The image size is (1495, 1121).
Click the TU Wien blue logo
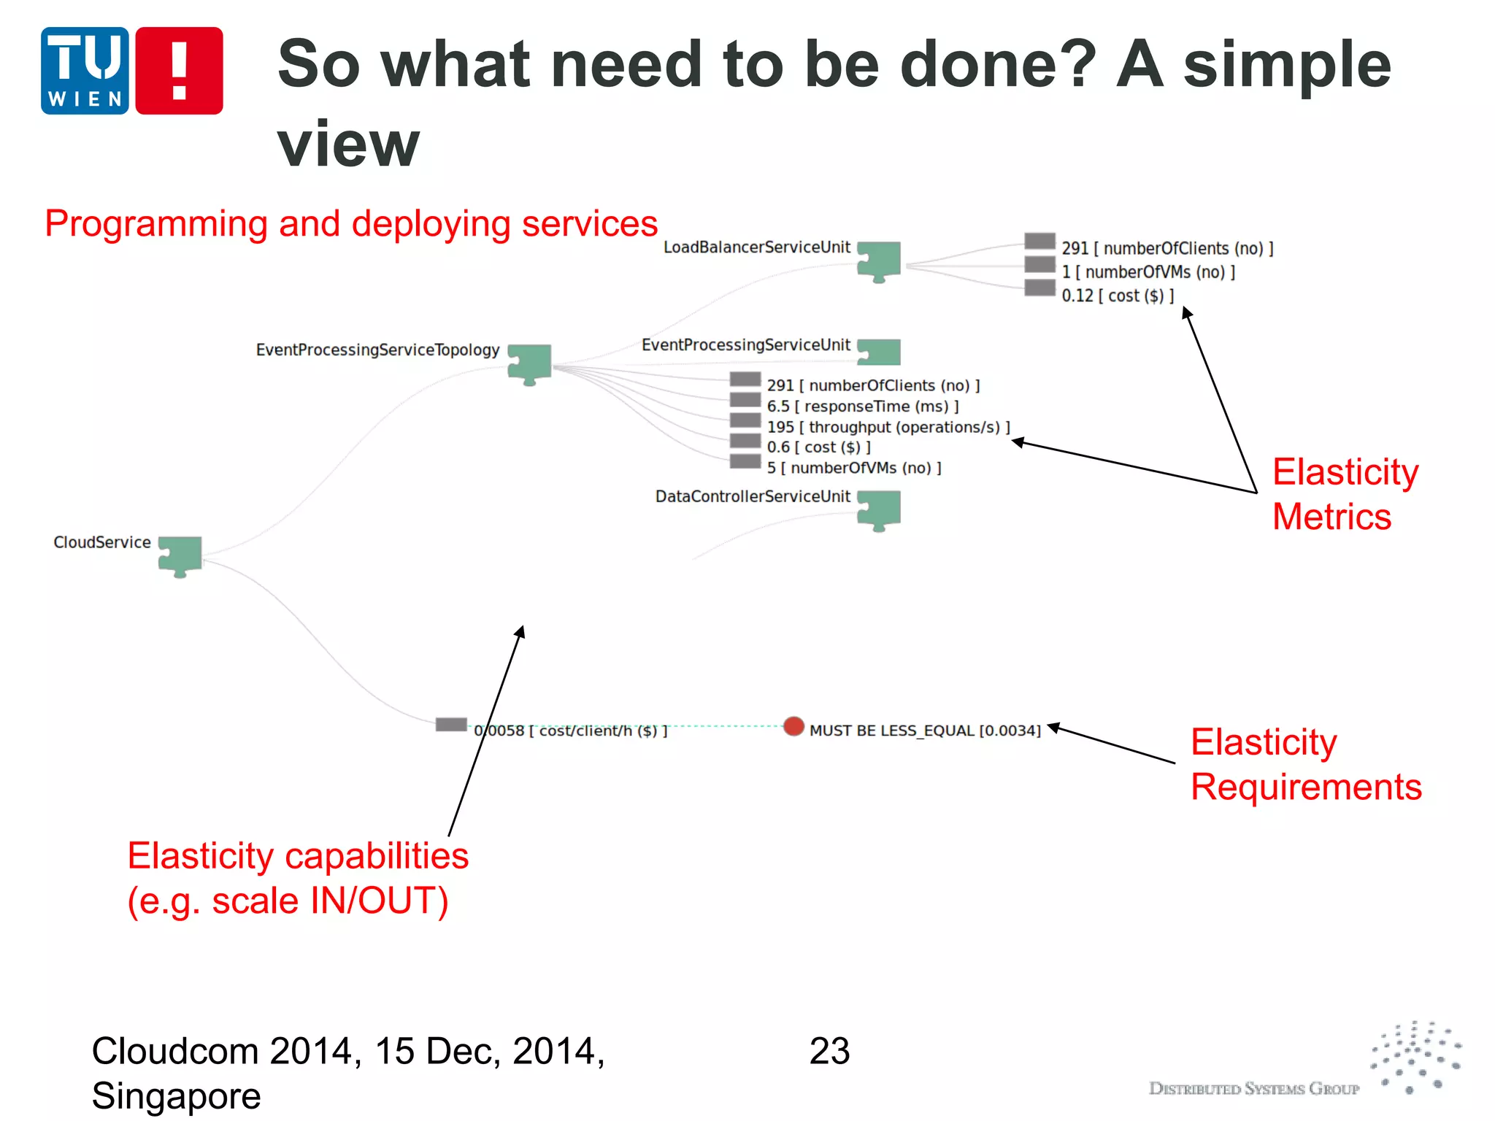[85, 71]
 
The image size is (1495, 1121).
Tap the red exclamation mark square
[179, 71]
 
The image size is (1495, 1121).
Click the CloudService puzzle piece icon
[180, 556]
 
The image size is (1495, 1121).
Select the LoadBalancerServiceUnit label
[756, 247]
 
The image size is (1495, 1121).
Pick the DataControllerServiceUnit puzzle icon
[879, 509]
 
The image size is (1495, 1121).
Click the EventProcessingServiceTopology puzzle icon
[530, 363]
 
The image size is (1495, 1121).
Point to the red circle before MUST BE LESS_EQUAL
[793, 726]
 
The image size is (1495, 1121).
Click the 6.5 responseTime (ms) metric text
[862, 407]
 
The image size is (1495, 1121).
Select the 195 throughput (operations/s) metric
[888, 427]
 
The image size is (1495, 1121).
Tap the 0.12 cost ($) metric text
[1117, 296]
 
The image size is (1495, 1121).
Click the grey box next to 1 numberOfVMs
[1039, 265]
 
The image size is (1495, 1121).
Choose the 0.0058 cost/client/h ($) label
[570, 731]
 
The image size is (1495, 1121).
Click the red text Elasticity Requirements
[1305, 764]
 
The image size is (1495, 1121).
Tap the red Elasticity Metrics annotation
[1345, 494]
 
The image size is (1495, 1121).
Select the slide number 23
[829, 1051]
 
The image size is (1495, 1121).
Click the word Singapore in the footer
[176, 1096]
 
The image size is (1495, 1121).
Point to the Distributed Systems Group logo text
[1253, 1089]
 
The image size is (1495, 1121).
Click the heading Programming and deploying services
[351, 223]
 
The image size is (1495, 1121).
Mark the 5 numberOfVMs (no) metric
[853, 468]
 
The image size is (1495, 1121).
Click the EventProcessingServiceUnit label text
[745, 345]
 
